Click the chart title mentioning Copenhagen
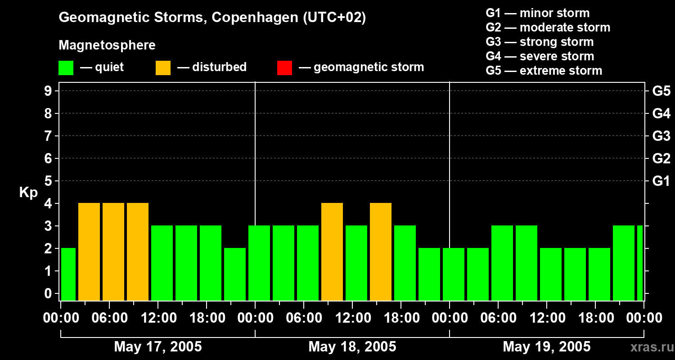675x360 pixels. click(212, 18)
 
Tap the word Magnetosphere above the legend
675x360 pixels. click(107, 45)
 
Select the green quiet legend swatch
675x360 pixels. click(66, 67)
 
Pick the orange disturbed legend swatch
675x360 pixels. click(163, 67)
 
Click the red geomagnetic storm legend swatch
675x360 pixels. click(284, 67)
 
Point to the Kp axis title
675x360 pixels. click(28, 193)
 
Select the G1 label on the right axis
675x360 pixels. click(661, 181)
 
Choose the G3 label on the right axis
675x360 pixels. click(661, 136)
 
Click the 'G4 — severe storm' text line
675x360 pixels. click(540, 56)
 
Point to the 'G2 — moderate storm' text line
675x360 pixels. click(548, 27)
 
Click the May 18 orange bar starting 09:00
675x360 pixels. click(332, 252)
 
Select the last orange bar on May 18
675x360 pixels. click(381, 252)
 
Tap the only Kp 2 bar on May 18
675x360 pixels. click(429, 274)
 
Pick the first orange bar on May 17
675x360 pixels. click(89, 252)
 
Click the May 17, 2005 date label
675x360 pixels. click(158, 347)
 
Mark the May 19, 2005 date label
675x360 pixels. click(546, 347)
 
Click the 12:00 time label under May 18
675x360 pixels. click(352, 318)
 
